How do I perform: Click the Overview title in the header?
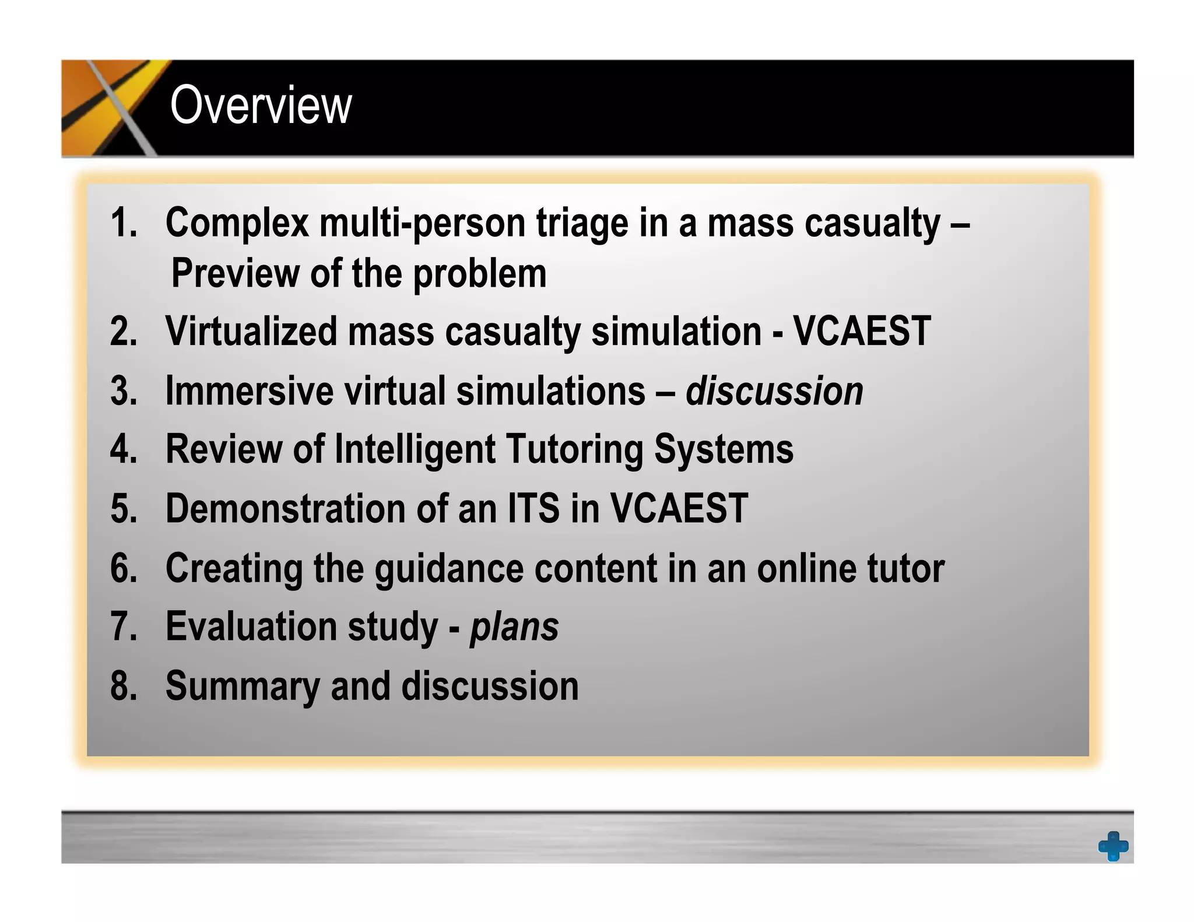coord(261,105)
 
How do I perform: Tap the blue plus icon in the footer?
coord(1113,846)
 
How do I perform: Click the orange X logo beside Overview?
coord(111,108)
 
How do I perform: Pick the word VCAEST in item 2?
coord(862,331)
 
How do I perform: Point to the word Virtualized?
coord(251,331)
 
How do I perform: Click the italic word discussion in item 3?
coord(774,391)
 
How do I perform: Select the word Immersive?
coord(249,391)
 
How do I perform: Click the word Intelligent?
coord(415,450)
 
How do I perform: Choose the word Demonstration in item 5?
coord(285,509)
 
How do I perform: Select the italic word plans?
coord(514,628)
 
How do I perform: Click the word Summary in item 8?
coord(243,687)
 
